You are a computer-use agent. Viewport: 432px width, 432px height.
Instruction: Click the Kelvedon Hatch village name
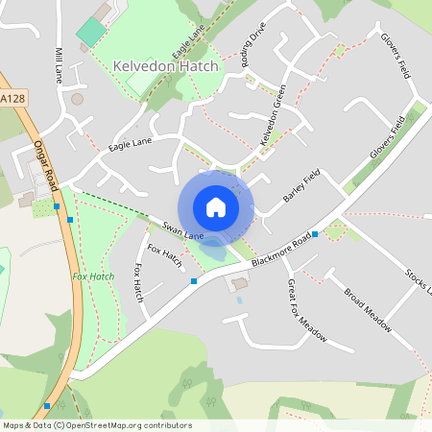(166, 65)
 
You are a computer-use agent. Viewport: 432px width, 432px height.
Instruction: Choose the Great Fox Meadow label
(306, 311)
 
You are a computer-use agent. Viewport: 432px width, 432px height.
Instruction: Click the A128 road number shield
(12, 99)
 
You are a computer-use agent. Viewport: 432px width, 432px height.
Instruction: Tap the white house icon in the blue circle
(216, 207)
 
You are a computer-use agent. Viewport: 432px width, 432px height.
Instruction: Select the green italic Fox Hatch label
(93, 276)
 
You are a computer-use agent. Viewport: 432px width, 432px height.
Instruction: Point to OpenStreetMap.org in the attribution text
(123, 424)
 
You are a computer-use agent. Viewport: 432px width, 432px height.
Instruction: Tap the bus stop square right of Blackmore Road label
(315, 233)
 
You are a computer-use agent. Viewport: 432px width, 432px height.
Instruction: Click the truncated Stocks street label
(419, 282)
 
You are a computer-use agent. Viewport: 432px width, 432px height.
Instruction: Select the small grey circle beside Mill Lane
(77, 98)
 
